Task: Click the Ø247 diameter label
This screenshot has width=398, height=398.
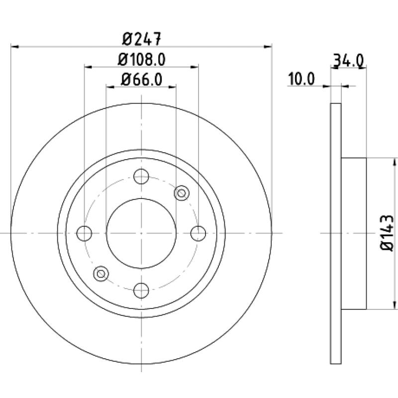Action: (142, 39)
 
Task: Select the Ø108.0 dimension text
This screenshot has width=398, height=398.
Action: (142, 59)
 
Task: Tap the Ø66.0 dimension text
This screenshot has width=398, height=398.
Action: (141, 80)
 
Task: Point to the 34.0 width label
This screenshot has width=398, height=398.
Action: (349, 60)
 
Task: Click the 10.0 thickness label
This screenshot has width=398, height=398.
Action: (301, 79)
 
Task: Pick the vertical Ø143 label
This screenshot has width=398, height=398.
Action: (387, 233)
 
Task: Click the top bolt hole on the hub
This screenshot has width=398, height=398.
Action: (141, 176)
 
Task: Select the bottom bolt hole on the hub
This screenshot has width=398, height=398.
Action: (141, 291)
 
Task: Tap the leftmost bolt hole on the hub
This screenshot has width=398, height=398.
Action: (84, 233)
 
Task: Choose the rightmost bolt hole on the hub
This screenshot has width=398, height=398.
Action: (198, 233)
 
